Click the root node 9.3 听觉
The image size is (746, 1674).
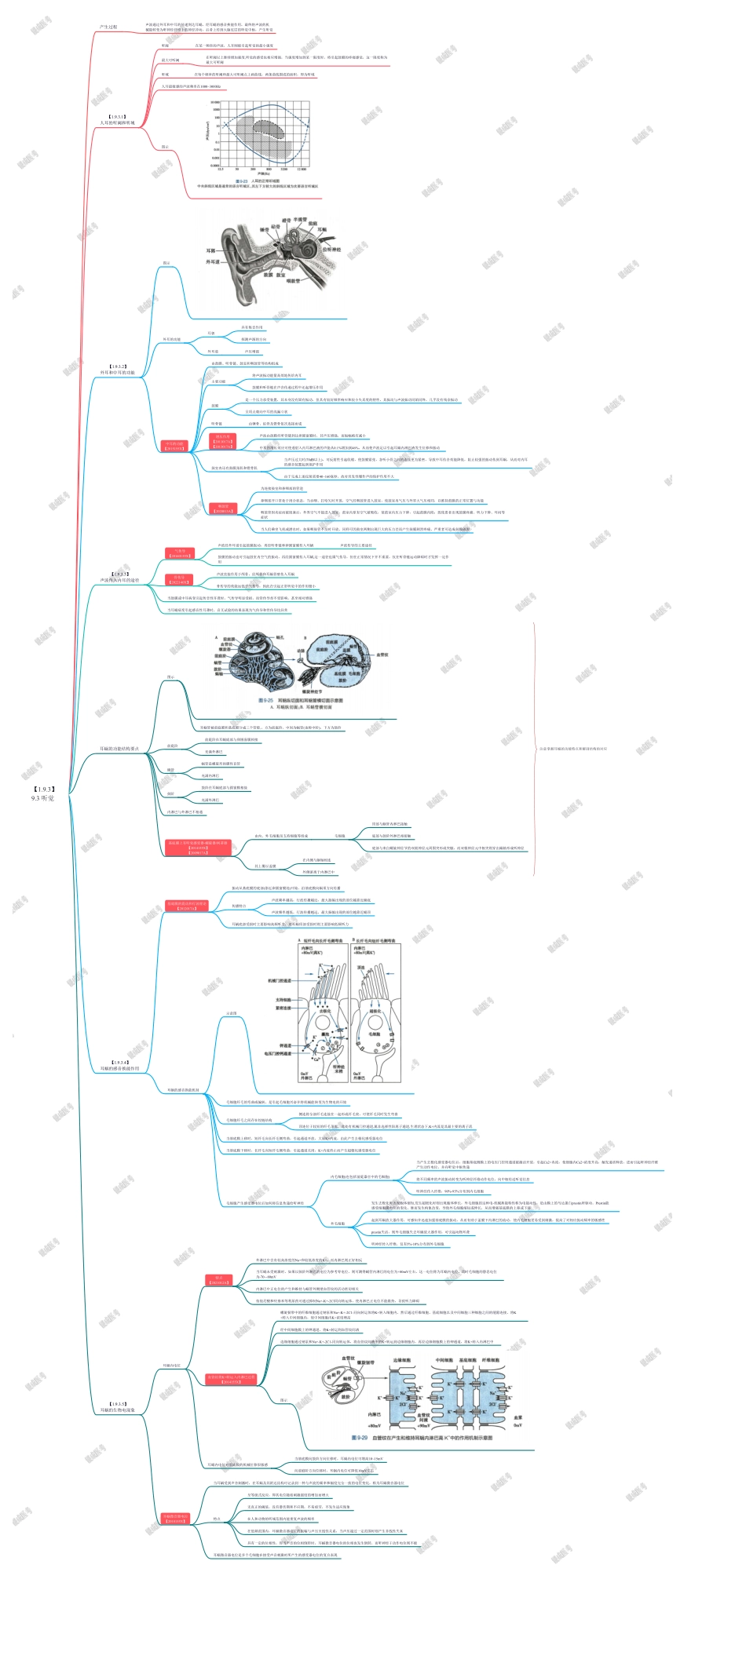(43, 793)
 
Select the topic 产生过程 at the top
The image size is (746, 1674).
(108, 27)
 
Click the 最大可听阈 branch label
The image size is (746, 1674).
(170, 60)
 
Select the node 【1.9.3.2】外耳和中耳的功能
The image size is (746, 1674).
(118, 370)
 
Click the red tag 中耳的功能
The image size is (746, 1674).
(174, 446)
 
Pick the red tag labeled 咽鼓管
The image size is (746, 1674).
(223, 509)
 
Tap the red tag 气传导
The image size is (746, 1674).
(179, 553)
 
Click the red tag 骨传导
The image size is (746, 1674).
(179, 580)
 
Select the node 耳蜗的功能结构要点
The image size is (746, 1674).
(119, 749)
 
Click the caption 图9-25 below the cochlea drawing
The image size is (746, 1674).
(300, 700)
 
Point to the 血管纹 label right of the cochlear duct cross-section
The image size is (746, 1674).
(382, 655)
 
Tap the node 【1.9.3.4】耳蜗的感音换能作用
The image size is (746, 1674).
(119, 1065)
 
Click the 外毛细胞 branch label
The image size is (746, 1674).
(338, 1223)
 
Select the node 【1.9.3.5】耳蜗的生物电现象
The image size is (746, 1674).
(118, 1407)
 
